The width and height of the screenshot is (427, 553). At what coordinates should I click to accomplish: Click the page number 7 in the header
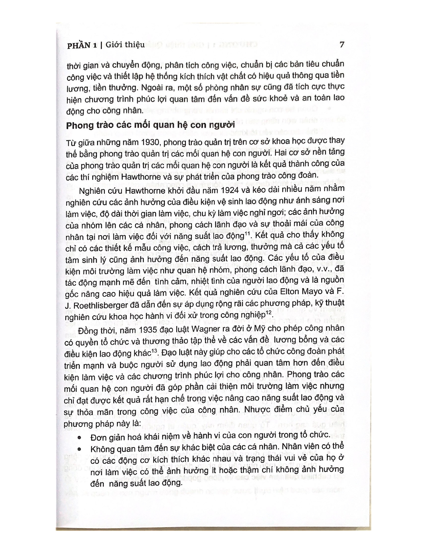[341, 45]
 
